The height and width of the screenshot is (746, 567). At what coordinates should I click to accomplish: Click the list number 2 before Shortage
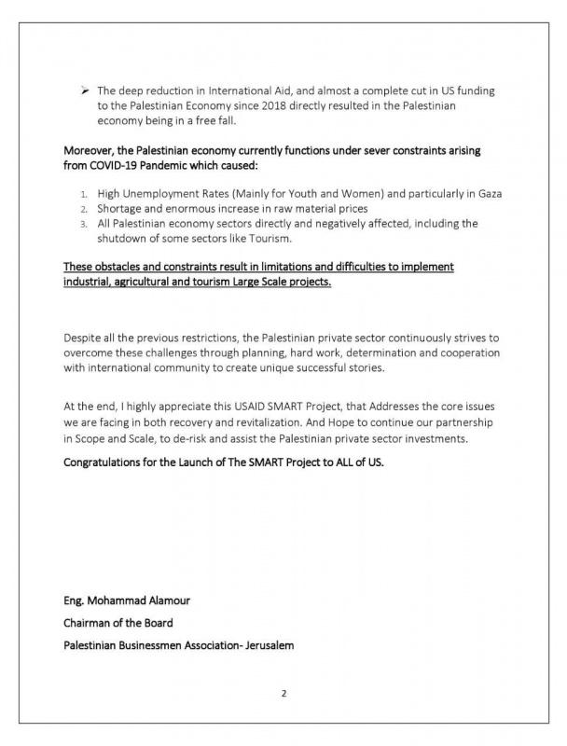84,209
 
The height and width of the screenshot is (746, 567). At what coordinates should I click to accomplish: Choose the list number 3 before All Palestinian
84,224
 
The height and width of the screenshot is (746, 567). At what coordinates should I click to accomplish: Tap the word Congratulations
106,462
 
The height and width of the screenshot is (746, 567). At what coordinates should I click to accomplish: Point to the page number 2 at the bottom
283,693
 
